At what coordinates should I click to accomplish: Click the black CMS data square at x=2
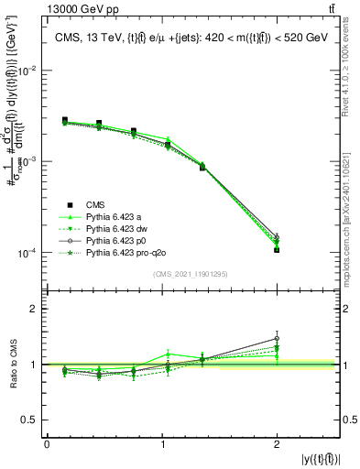pos(277,249)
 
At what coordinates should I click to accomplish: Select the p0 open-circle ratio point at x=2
pos(277,338)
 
